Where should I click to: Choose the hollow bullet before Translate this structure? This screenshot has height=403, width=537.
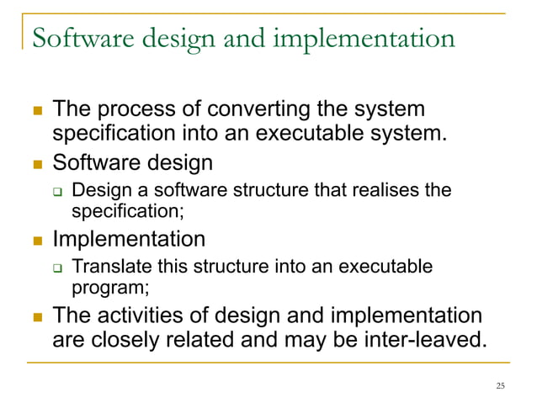pos(58,268)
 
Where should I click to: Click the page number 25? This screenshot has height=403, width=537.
pos(502,386)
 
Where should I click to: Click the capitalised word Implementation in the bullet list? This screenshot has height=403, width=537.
pos(129,238)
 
